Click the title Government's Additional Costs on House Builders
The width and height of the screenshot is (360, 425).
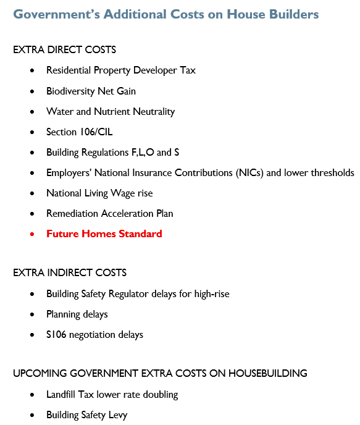pos(165,14)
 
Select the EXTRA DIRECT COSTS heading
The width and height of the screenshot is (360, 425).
pos(64,49)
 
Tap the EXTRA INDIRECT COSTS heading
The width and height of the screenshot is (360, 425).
pos(70,272)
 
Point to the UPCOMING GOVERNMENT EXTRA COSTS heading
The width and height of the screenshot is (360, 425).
pos(160,373)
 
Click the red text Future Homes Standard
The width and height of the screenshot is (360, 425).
pos(104,234)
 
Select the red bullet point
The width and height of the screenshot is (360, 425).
pos(32,234)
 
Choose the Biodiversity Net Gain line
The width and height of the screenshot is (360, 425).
pos(91,91)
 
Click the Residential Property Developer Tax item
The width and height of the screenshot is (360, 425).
pos(120,70)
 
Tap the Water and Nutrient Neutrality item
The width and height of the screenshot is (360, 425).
pos(110,111)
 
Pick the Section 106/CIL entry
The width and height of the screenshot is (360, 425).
pos(79,132)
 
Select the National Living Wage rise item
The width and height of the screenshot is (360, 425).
pos(99,193)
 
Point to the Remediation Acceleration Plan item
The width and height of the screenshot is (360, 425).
pos(109,213)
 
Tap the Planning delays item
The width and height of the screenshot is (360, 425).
pos(77,314)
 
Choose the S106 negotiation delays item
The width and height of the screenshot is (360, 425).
pos(94,334)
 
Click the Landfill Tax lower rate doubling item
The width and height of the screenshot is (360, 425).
pos(112,394)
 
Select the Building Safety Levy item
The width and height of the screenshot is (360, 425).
pos(86,414)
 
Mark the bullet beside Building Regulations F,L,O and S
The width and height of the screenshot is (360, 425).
pos(32,153)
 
